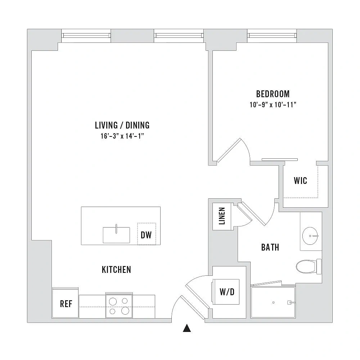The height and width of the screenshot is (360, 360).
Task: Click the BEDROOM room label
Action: coord(273,94)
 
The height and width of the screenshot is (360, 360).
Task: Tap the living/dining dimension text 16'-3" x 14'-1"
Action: coord(122,136)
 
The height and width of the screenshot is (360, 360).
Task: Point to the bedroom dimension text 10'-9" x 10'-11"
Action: coord(273,105)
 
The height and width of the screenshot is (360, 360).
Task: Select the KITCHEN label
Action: coord(116,270)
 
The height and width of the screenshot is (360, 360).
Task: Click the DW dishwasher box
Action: coord(147,234)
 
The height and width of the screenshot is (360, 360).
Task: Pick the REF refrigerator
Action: coord(66,303)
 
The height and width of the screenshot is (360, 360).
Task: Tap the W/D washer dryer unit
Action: coord(226,292)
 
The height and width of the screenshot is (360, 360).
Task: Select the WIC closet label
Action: coord(300,181)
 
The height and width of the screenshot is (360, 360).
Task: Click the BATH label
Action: coord(270,247)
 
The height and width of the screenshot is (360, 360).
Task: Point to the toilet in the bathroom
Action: coord(309,266)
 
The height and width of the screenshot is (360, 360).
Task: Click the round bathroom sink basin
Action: coord(310,236)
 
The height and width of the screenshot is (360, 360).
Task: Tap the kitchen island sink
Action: coord(116,235)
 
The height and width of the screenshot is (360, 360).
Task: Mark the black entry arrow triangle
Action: coord(187,328)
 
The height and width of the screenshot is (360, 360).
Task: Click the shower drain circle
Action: coord(273,302)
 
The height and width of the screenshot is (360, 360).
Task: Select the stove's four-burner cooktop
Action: coord(119,306)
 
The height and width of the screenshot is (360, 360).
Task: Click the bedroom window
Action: coord(272,35)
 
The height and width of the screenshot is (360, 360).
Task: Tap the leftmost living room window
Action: coord(86,35)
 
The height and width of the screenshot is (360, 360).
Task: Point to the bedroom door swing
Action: coord(234,150)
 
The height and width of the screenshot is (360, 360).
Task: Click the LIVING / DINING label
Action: coord(122,125)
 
